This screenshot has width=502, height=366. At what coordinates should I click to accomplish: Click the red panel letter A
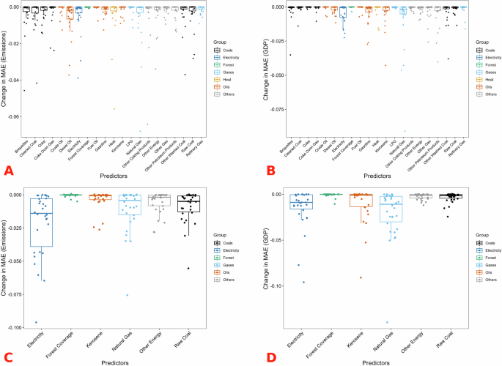(10, 171)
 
